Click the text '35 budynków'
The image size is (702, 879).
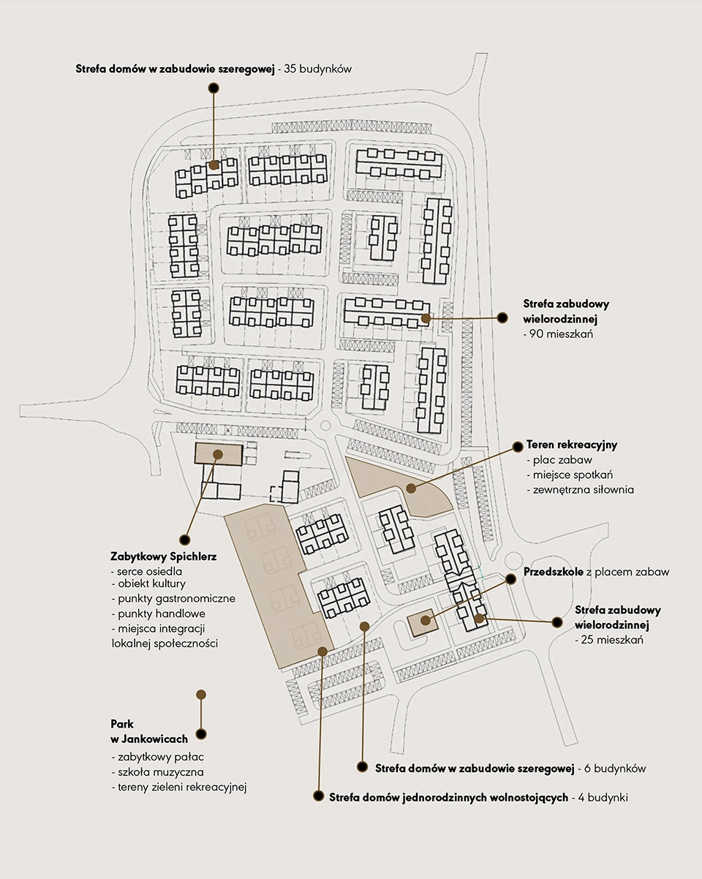tap(317, 69)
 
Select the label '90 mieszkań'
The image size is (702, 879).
tap(561, 334)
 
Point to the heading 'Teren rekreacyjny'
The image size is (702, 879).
tap(572, 445)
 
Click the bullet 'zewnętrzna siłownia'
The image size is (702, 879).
tap(583, 489)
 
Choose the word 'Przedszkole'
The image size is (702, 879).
tap(554, 571)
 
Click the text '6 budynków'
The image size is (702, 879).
tap(615, 769)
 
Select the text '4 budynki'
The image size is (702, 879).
tap(603, 797)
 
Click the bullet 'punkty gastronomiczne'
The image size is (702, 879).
tap(176, 599)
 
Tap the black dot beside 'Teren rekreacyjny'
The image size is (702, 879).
tap(518, 446)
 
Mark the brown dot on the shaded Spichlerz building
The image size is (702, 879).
tap(218, 454)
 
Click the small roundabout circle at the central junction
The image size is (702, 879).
tap(325, 426)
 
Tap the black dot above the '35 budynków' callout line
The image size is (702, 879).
tap(214, 88)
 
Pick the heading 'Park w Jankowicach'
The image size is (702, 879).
tap(149, 731)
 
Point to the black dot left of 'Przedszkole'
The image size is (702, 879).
tap(510, 578)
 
